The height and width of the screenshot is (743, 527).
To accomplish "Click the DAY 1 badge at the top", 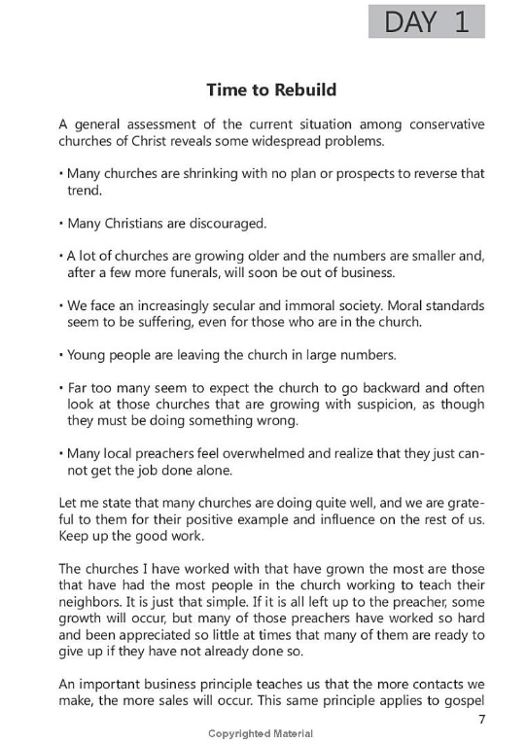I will (x=426, y=21).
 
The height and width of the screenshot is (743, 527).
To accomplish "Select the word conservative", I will (x=436, y=124).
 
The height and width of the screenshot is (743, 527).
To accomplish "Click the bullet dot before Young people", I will (x=61, y=354).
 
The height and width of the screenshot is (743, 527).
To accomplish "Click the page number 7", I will (x=480, y=719).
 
